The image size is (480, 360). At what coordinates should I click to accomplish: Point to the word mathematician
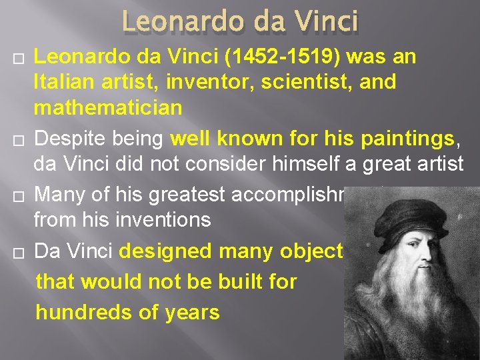[108, 108]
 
